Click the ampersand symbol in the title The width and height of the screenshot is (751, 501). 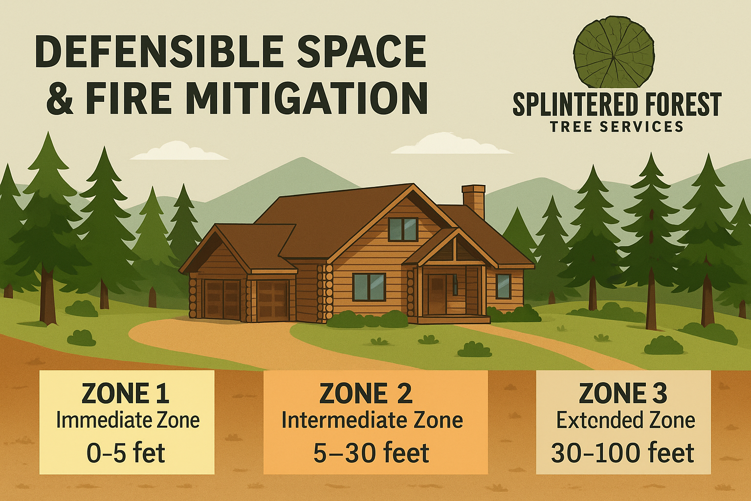coord(60,98)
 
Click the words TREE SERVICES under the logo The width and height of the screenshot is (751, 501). coord(617,127)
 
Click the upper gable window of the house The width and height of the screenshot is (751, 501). coord(403,229)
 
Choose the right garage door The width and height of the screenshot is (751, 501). coord(273,300)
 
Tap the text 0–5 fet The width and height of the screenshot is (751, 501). coord(126,453)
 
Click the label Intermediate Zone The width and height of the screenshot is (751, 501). coord(372,421)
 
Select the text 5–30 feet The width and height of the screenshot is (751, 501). coord(371,453)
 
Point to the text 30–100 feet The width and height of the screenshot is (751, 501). coord(622,453)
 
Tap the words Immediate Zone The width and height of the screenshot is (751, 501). coord(128,420)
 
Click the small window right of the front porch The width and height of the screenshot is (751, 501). coord(503,286)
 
